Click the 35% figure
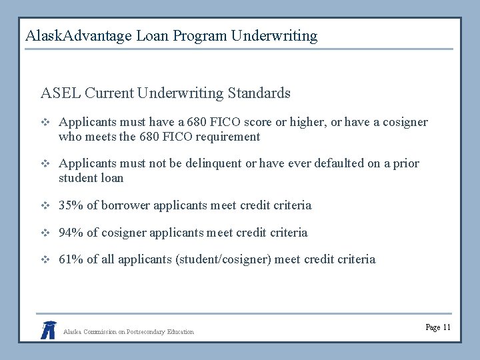tap(70, 205)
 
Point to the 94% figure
tap(70, 233)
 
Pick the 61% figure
tap(70, 259)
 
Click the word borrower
tap(125, 205)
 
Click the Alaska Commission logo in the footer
tap(48, 329)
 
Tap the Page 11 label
tap(437, 327)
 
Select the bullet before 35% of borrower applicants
tap(45, 205)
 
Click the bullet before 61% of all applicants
tap(45, 259)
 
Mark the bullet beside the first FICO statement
tap(45, 123)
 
